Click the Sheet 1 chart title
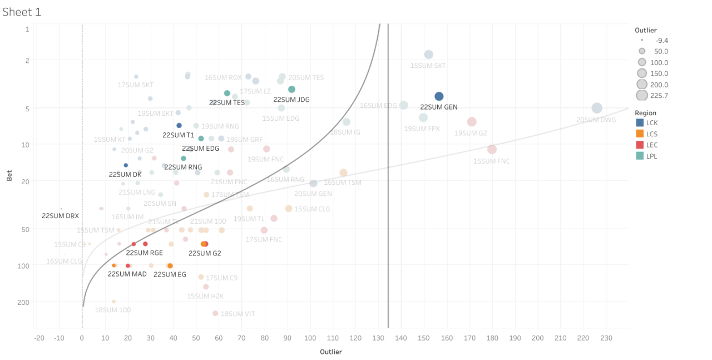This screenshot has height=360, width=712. [x=22, y=12]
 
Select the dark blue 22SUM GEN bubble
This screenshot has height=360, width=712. [x=439, y=96]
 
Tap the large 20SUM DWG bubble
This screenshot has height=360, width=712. [x=597, y=108]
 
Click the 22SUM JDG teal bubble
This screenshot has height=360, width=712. [x=291, y=89]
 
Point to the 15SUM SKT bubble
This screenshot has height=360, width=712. [x=428, y=55]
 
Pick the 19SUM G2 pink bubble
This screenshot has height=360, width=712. [x=472, y=121]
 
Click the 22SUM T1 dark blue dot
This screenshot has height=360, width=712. [x=179, y=125]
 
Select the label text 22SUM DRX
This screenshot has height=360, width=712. [x=61, y=215]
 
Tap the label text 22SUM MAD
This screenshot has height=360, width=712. [x=127, y=274]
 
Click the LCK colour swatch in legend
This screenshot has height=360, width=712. [x=640, y=122]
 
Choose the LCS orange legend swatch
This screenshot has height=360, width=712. [x=640, y=134]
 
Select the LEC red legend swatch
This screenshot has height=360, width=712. [x=640, y=145]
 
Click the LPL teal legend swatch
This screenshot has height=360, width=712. [x=640, y=156]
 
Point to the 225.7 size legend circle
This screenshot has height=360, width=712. [x=642, y=95]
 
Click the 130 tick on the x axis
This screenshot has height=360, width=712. [x=378, y=338]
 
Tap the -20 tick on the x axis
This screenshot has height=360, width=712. [x=39, y=338]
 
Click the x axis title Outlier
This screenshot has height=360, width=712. [x=330, y=352]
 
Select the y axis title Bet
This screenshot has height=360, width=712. [x=9, y=177]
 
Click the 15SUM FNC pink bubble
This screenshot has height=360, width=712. [x=492, y=149]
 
